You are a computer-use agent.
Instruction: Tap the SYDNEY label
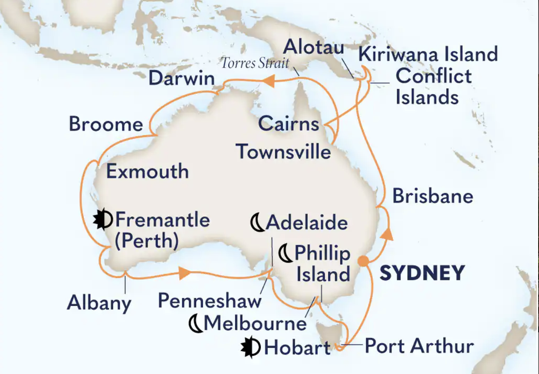pyautogui.click(x=422, y=273)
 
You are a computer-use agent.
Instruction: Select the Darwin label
pyautogui.click(x=181, y=79)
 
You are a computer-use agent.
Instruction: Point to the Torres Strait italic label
pyautogui.click(x=255, y=63)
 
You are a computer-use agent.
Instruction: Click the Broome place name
pyautogui.click(x=106, y=125)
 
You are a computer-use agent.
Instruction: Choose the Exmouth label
pyautogui.click(x=148, y=172)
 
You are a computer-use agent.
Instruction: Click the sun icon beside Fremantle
pyautogui.click(x=104, y=220)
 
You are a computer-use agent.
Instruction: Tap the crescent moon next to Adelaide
pyautogui.click(x=257, y=224)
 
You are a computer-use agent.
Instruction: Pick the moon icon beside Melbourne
pyautogui.click(x=196, y=324)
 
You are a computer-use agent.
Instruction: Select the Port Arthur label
pyautogui.click(x=419, y=347)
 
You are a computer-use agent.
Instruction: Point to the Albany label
pyautogui.click(x=99, y=303)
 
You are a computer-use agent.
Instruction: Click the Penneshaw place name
pyautogui.click(x=210, y=300)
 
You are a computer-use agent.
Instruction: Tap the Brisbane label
pyautogui.click(x=433, y=196)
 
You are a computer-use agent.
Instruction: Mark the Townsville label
pyautogui.click(x=283, y=152)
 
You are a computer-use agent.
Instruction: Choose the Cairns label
pyautogui.click(x=289, y=124)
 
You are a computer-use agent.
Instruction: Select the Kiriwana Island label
pyautogui.click(x=428, y=55)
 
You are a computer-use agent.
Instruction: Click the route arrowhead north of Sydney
pyautogui.click(x=388, y=233)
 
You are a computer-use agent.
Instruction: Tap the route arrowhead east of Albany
pyautogui.click(x=184, y=273)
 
